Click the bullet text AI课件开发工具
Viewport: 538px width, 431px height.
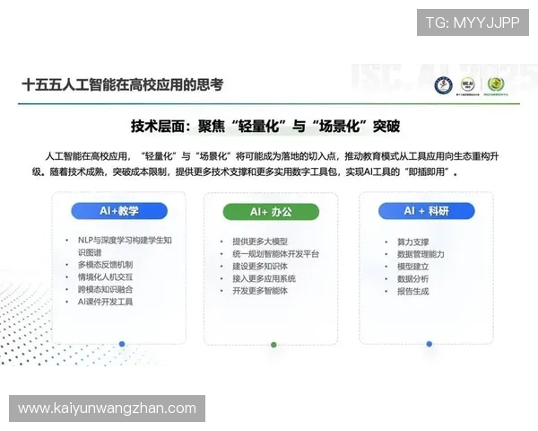click(106, 302)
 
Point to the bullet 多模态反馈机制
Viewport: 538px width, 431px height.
click(105, 265)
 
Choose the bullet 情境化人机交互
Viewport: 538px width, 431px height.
click(105, 277)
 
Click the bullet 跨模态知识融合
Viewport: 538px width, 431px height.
click(105, 290)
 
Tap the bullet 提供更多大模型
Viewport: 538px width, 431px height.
click(260, 242)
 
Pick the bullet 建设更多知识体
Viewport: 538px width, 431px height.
click(260, 267)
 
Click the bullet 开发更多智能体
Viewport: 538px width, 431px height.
click(260, 291)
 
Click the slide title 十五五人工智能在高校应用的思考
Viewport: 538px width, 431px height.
click(122, 84)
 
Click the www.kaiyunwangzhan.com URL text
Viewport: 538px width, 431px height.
click(107, 409)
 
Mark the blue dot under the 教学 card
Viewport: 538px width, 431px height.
click(122, 342)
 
